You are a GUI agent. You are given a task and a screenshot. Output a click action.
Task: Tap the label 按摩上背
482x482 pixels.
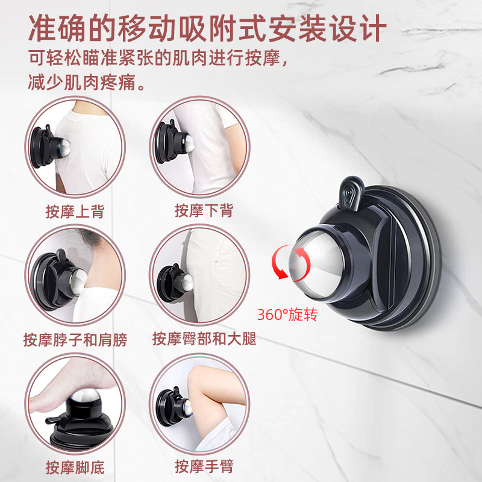[75, 211]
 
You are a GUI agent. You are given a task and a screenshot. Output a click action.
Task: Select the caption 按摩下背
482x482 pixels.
[204, 211]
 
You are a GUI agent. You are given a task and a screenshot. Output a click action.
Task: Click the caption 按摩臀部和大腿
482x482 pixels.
[204, 339]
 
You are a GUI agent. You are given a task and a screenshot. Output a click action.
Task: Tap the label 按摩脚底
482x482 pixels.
[75, 466]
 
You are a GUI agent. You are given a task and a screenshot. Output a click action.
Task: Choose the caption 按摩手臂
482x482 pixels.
[204, 466]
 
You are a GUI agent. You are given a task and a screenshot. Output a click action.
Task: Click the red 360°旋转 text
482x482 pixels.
[287, 315]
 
